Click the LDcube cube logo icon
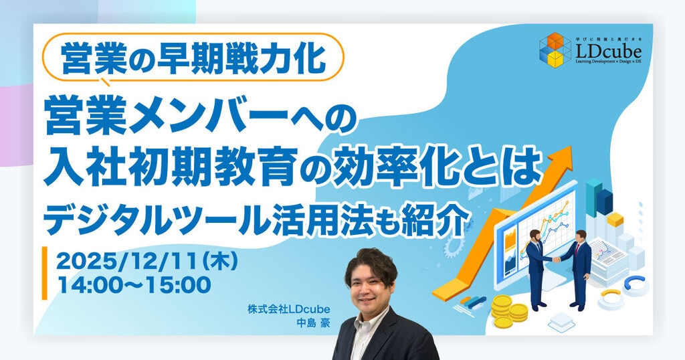coord(555,50)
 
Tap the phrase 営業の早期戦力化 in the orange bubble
coord(193,58)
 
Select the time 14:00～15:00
coord(134,285)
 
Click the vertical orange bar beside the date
coord(45,273)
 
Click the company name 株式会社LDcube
coord(288,310)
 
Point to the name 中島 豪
coord(313,324)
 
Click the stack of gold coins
coord(508,311)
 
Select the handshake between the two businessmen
coord(557,259)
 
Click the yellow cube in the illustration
coord(615,219)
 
